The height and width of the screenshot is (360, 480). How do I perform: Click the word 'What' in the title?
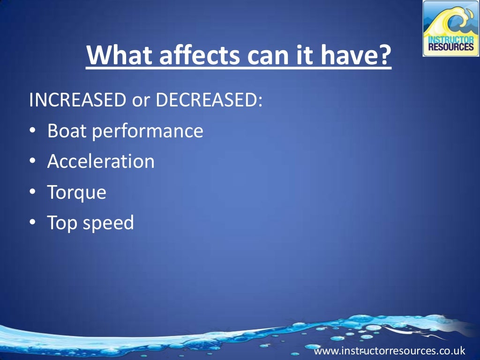point(117,55)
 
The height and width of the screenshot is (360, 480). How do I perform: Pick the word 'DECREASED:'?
point(206,100)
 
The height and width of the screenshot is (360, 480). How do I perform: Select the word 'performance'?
point(148,132)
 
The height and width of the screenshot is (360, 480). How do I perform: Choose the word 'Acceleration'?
point(101,162)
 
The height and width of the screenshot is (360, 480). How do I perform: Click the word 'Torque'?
point(76,193)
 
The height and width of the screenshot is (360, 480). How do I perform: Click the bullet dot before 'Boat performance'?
point(32,132)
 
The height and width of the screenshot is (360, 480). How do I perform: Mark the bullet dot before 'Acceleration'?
point(32,162)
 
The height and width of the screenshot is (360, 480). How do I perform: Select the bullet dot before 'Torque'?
point(32,193)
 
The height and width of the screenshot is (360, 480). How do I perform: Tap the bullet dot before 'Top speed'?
point(32,223)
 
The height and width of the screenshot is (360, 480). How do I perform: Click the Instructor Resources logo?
point(450,29)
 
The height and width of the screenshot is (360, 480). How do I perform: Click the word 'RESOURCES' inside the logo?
point(451,47)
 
